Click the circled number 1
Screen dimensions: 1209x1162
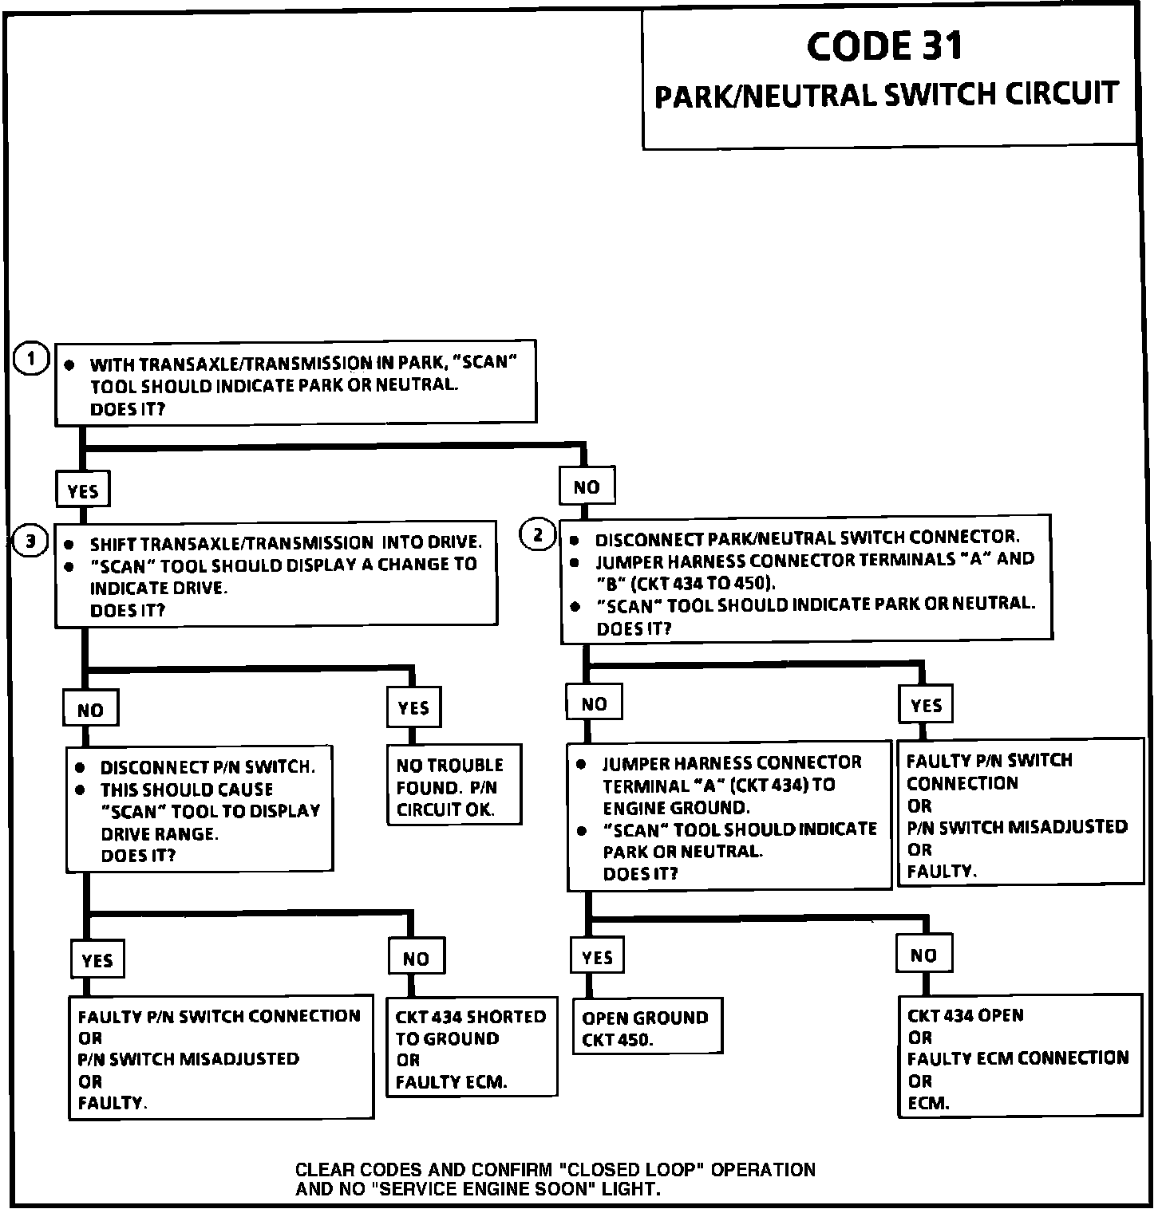tap(31, 360)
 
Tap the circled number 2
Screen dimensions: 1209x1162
tap(538, 534)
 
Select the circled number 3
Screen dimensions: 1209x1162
tap(31, 542)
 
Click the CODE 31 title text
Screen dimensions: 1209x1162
tap(884, 46)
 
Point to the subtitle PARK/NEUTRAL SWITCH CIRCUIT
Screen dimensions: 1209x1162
tap(886, 95)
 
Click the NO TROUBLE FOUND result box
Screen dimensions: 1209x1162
tap(454, 786)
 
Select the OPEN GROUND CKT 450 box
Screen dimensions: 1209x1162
tap(646, 1028)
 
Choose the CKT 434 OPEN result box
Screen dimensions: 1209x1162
tap(1019, 1057)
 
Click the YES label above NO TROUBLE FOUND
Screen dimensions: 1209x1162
tap(413, 707)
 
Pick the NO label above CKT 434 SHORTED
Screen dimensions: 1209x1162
tap(415, 958)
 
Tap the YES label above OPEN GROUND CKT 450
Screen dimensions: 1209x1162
tap(597, 957)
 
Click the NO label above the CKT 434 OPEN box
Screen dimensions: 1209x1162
tap(923, 955)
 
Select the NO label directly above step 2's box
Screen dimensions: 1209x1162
tap(587, 486)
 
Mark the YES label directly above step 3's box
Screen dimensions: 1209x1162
tap(82, 490)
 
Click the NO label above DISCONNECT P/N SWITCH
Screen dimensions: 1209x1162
tap(90, 710)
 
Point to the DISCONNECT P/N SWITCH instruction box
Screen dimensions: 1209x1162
tap(199, 809)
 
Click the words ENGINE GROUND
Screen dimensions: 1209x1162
tap(675, 806)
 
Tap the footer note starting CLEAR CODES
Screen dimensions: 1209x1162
tap(555, 1179)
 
